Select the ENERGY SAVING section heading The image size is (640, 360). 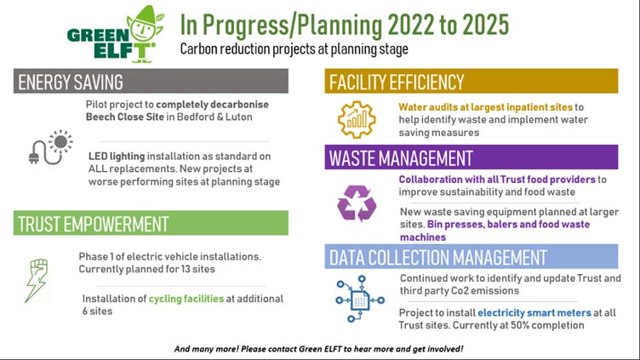[70, 82]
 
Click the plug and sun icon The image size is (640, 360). [50, 147]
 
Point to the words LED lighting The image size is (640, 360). [117, 157]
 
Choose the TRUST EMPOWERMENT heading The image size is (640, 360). [93, 224]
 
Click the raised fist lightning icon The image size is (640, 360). [37, 280]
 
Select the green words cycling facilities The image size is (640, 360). [186, 300]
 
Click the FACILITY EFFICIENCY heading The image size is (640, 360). [397, 82]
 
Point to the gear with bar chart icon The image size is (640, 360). [357, 119]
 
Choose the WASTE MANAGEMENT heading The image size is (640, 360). [401, 158]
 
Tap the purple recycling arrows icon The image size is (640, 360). [357, 203]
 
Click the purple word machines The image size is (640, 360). [423, 237]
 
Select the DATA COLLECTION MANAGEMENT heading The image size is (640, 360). [438, 258]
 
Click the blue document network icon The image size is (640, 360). [360, 299]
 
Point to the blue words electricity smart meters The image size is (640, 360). [534, 313]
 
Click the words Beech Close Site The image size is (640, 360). [125, 117]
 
